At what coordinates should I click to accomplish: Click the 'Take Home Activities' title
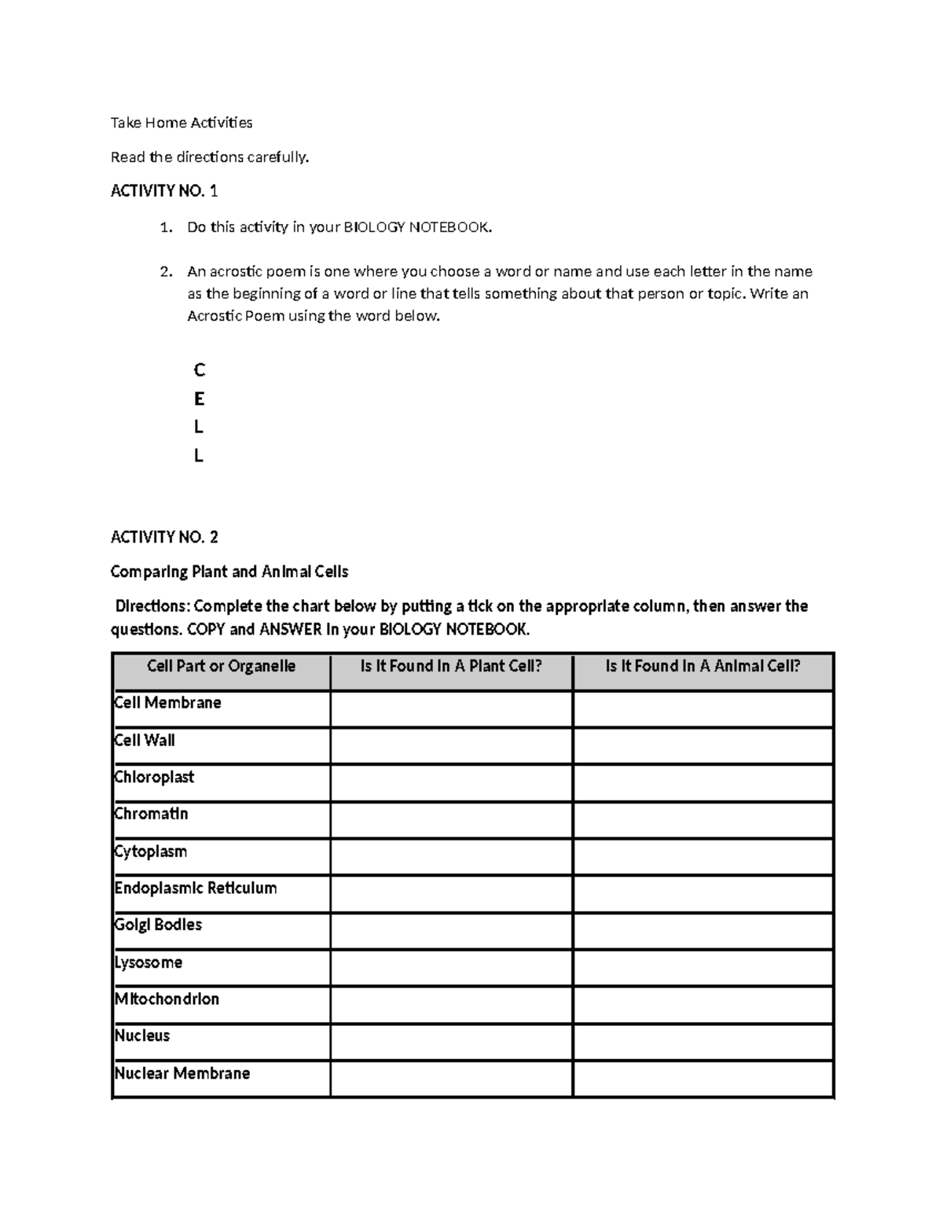[x=182, y=123]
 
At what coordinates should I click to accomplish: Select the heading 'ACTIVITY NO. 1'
[x=164, y=191]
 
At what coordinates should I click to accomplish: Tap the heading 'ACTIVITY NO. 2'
[x=164, y=538]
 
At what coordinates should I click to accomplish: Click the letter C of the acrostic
[x=199, y=370]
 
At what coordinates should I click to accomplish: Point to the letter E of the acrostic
[x=199, y=399]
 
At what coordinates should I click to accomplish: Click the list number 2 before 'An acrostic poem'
[x=165, y=272]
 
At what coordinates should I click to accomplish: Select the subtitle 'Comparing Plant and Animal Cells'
[x=229, y=572]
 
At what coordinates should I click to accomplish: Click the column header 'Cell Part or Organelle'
[x=221, y=667]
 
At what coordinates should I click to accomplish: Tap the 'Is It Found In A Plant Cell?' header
[x=451, y=667]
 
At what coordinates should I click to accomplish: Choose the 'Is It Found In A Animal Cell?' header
[x=703, y=667]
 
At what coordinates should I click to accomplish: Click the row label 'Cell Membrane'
[x=168, y=703]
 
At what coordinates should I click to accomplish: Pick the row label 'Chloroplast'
[x=154, y=778]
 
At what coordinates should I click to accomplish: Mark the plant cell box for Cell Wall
[x=451, y=745]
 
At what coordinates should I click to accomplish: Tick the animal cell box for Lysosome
[x=703, y=968]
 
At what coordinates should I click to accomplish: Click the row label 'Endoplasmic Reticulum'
[x=196, y=888]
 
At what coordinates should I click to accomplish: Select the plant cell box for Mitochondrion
[x=451, y=1005]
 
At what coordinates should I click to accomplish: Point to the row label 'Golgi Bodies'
[x=158, y=925]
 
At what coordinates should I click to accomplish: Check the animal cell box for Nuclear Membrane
[x=703, y=1079]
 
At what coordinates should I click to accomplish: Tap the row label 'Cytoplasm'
[x=151, y=851]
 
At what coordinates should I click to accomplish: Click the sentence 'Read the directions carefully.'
[x=210, y=157]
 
